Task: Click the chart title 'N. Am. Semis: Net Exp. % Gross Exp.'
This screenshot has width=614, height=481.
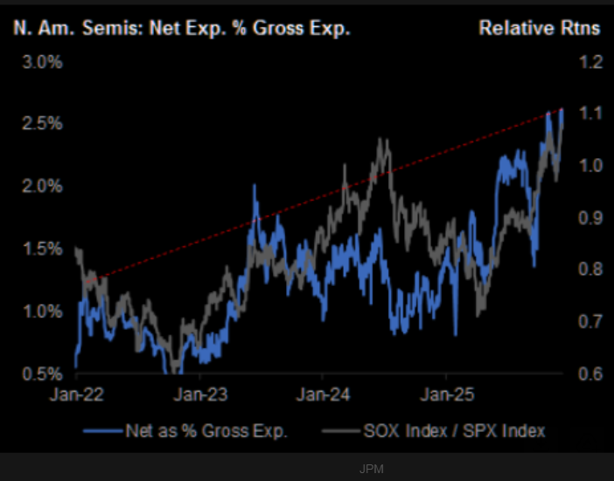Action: (x=181, y=27)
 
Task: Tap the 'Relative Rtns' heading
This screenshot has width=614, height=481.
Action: (x=539, y=27)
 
